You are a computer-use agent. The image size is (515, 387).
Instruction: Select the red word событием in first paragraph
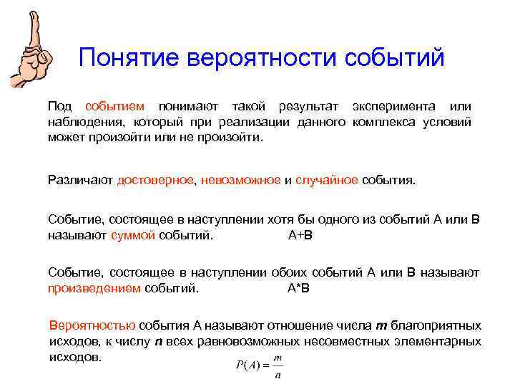[114, 106]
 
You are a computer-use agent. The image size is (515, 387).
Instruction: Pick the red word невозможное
[241, 180]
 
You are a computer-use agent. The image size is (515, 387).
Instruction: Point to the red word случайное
[327, 180]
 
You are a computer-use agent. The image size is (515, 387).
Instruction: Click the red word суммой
[133, 234]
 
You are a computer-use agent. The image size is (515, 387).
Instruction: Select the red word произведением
[94, 289]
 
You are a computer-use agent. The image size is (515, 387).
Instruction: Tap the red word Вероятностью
[92, 325]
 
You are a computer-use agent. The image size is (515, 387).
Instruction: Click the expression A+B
[300, 234]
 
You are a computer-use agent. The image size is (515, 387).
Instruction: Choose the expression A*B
[298, 289]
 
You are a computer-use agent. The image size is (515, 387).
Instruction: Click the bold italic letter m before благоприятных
[381, 325]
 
